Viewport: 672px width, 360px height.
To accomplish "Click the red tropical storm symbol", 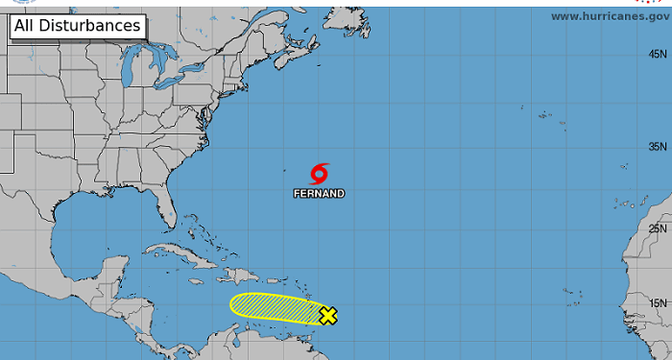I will [x=320, y=174].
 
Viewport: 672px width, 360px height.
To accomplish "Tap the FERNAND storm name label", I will [x=320, y=193].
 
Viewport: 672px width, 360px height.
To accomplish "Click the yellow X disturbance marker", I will [x=327, y=315].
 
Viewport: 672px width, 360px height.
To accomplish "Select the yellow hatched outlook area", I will [x=274, y=306].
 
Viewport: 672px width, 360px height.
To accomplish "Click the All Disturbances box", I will [x=78, y=26].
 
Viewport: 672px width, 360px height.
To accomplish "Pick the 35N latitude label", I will [x=658, y=147].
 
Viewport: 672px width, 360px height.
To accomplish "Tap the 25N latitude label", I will [x=658, y=228].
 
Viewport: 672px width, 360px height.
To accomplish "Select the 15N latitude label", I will [x=658, y=303].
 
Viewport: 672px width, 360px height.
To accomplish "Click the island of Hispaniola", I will [x=236, y=275].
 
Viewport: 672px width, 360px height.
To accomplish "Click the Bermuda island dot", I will [x=285, y=173].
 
